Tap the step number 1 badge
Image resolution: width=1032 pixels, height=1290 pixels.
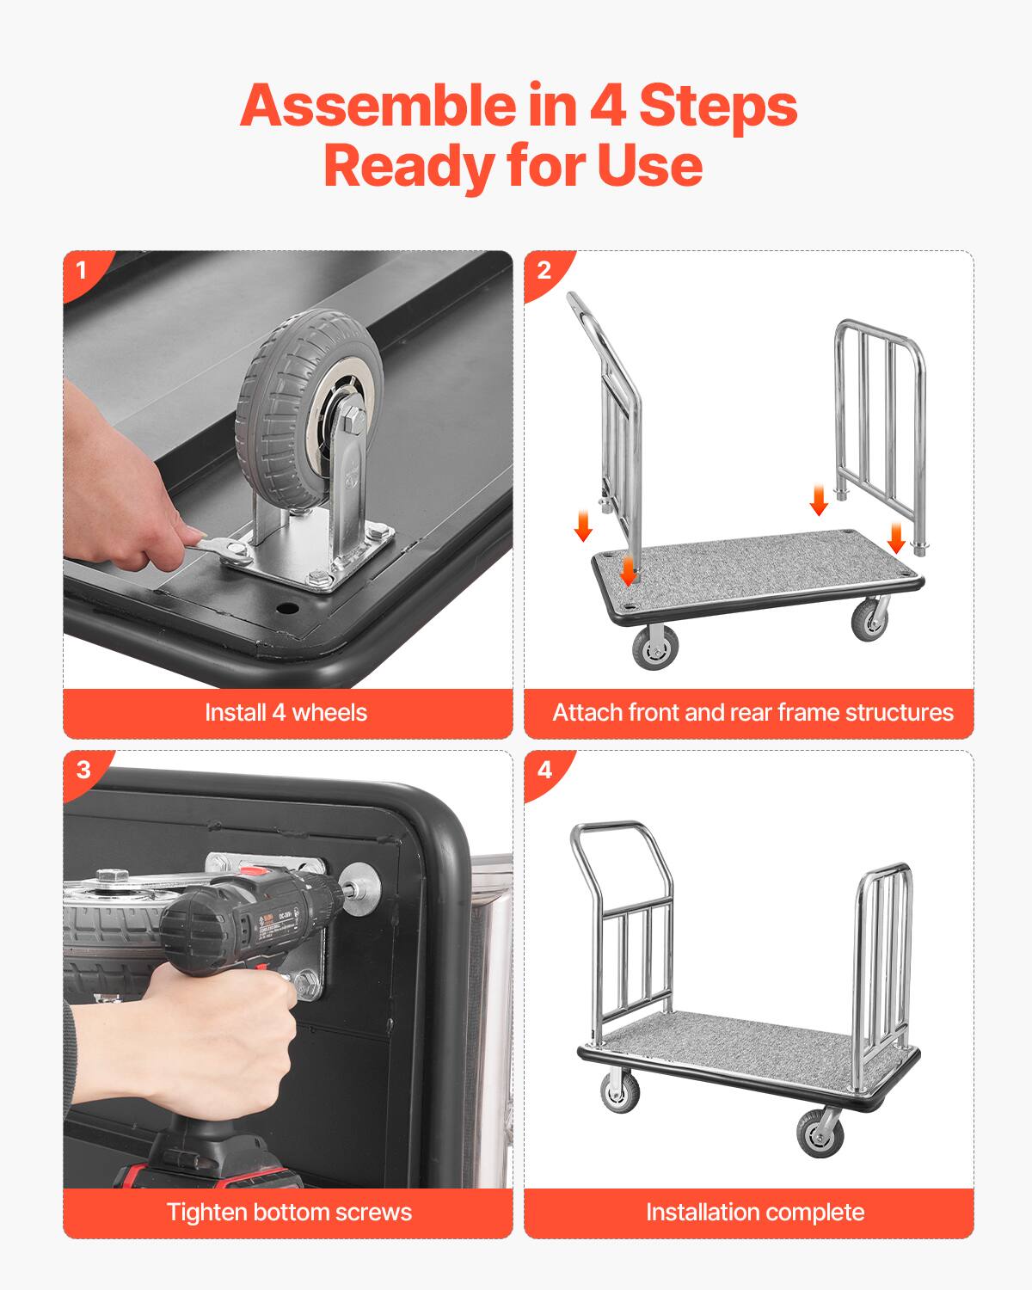point(82,270)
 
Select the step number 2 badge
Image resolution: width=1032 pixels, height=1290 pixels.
point(544,270)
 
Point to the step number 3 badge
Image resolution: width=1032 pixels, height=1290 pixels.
point(83,769)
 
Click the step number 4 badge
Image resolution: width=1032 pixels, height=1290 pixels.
point(544,769)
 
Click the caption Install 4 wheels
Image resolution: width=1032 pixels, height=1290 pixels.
point(286,713)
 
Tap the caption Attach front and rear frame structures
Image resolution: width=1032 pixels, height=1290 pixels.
point(752,713)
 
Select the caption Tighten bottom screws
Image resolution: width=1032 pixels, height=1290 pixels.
point(289,1213)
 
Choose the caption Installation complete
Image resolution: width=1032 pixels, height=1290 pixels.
point(754,1213)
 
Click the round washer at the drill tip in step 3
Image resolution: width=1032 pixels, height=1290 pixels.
point(361,886)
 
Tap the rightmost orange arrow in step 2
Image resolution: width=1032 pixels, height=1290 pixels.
point(896,537)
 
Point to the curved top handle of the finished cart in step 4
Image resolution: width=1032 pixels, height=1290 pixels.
point(612,829)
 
